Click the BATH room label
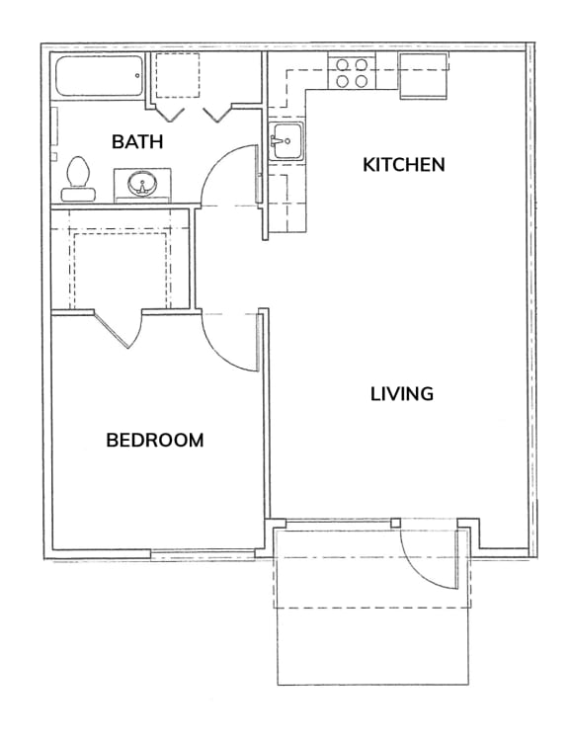[x=137, y=141]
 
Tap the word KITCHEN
[x=403, y=165]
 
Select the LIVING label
[x=402, y=393]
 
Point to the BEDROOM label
[x=155, y=440]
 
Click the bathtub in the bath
[x=99, y=76]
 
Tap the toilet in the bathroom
[x=78, y=179]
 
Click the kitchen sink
[x=286, y=141]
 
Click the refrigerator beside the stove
[x=423, y=75]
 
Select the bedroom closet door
[x=119, y=329]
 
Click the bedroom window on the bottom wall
[x=203, y=554]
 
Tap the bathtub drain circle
[x=137, y=75]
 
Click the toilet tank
[x=78, y=195]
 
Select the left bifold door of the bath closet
[x=169, y=115]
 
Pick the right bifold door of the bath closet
[x=217, y=115]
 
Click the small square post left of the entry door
[x=395, y=523]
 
